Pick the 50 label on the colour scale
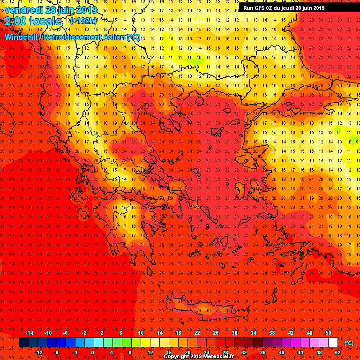pyautogui.click(x=328, y=332)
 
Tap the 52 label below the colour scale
pyautogui.click(x=337, y=352)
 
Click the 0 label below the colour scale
pyautogui.click(x=92, y=352)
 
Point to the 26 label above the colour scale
pyautogui.click(x=216, y=332)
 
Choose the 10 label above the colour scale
pyautogui.click(x=141, y=332)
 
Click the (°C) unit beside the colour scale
pyautogui.click(x=349, y=343)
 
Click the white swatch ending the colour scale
pyautogui.click(x=333, y=343)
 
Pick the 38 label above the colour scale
pyautogui.click(x=272, y=332)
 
